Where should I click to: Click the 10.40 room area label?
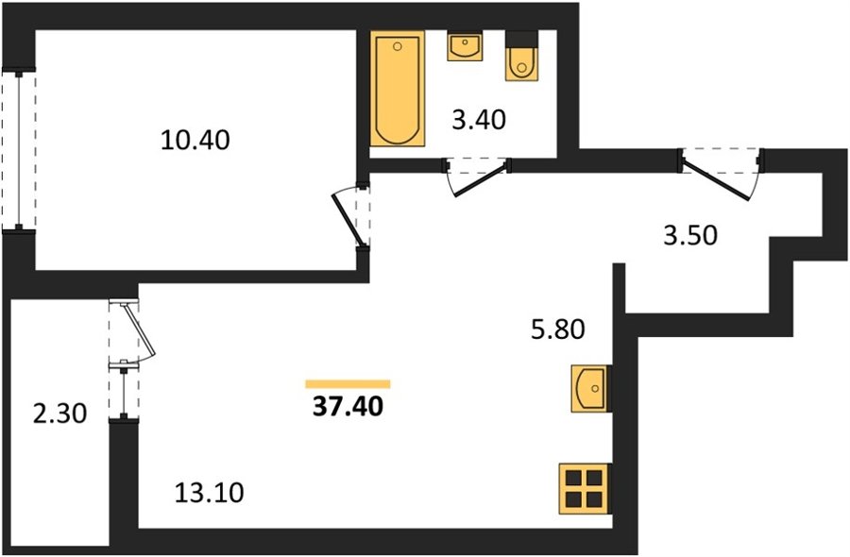195,141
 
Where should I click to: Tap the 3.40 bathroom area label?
479,120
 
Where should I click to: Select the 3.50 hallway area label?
690,236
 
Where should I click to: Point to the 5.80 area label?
558,329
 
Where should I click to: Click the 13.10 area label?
210,493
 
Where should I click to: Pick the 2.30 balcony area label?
59,414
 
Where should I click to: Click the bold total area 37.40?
348,406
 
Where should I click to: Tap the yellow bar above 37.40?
348,384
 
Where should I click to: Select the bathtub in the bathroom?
398,89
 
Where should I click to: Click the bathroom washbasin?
464,46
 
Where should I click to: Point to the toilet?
522,57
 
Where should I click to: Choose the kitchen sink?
589,389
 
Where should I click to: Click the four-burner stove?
586,488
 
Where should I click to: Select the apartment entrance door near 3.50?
721,175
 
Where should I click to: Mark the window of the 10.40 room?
20,151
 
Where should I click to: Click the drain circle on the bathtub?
398,46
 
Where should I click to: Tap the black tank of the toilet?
522,39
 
